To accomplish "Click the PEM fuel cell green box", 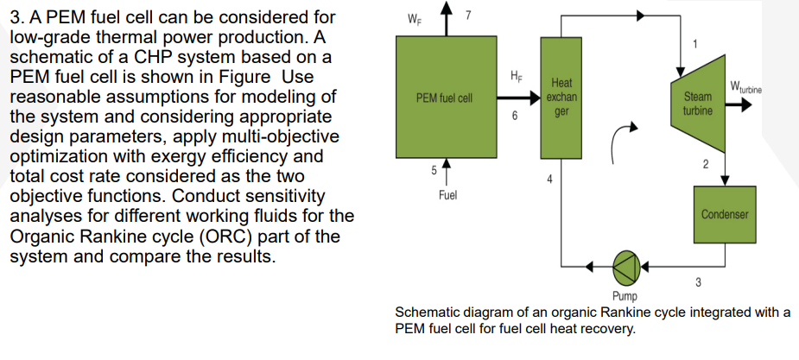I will (444, 97).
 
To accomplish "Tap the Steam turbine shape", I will (698, 104).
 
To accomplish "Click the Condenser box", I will (724, 213).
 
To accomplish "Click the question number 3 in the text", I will (13, 16).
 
